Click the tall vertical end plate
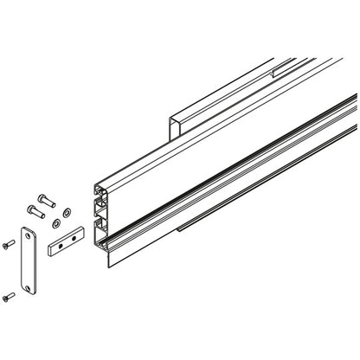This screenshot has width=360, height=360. coord(30,259)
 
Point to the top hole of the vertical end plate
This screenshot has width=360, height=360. coord(29,233)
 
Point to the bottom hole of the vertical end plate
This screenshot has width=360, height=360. coord(32,285)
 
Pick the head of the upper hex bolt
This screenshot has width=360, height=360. coord(41,196)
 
